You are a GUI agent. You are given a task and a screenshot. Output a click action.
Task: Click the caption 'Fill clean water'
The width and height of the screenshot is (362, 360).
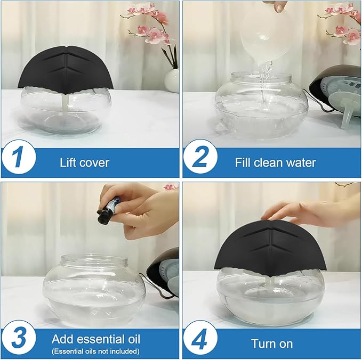pyautogui.click(x=275, y=162)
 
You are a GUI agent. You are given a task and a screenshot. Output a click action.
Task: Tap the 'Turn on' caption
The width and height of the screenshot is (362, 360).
pyautogui.click(x=272, y=343)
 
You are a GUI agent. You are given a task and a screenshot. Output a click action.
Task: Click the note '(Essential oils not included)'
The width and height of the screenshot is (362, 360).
pyautogui.click(x=95, y=351)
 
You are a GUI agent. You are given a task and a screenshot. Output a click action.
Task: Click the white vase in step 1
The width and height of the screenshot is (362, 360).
pyautogui.click(x=172, y=80)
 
